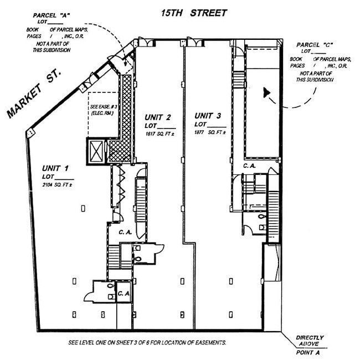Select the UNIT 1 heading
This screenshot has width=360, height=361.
[55, 168]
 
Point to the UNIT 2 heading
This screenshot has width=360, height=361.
[157, 117]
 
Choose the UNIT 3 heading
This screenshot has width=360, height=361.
[208, 116]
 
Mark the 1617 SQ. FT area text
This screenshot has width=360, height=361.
[158, 134]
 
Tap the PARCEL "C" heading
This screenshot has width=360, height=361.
[311, 44]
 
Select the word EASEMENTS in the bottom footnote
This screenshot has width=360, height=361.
[209, 343]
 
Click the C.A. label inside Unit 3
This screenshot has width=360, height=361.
[249, 166]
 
